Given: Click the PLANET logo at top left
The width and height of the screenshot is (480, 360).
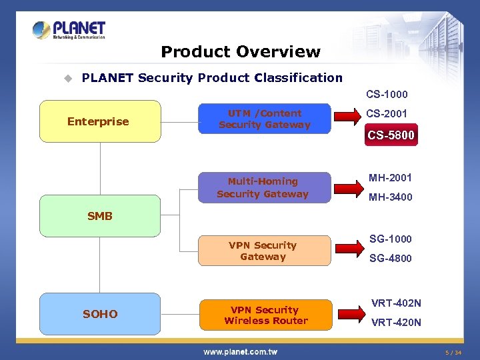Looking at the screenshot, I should pyautogui.click(x=69, y=30).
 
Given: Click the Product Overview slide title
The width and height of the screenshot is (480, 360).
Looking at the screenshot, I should pyautogui.click(x=241, y=52).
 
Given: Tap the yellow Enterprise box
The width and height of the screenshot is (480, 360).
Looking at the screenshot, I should pyautogui.click(x=100, y=121).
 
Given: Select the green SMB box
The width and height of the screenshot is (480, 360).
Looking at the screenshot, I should pyautogui.click(x=100, y=216).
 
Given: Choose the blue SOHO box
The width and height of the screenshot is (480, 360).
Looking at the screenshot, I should pyautogui.click(x=100, y=314).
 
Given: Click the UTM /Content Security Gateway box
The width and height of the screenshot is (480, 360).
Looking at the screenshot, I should pyautogui.click(x=265, y=119).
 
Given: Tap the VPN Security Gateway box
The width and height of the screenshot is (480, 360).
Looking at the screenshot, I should pyautogui.click(x=263, y=251).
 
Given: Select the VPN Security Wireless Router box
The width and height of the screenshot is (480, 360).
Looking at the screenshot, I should pyautogui.click(x=266, y=315).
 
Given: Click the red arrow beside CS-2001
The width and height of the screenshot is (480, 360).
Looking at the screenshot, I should pyautogui.click(x=347, y=118).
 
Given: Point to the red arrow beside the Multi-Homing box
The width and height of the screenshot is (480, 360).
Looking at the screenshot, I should pyautogui.click(x=347, y=187).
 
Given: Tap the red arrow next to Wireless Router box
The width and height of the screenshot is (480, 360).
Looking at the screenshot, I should pyautogui.click(x=347, y=314).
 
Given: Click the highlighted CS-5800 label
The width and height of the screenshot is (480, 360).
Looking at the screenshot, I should pyautogui.click(x=391, y=135).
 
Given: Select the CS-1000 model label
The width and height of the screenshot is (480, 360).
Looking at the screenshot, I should pyautogui.click(x=387, y=95).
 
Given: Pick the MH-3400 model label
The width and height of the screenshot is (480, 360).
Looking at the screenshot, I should pyautogui.click(x=391, y=197).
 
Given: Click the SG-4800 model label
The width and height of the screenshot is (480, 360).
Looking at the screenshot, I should pyautogui.click(x=391, y=259).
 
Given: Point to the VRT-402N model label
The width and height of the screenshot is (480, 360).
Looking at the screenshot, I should pyautogui.click(x=396, y=303).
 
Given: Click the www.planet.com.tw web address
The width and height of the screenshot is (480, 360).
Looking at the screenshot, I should pyautogui.click(x=241, y=351).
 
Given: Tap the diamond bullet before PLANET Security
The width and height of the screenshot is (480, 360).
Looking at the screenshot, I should pyautogui.click(x=67, y=78).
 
